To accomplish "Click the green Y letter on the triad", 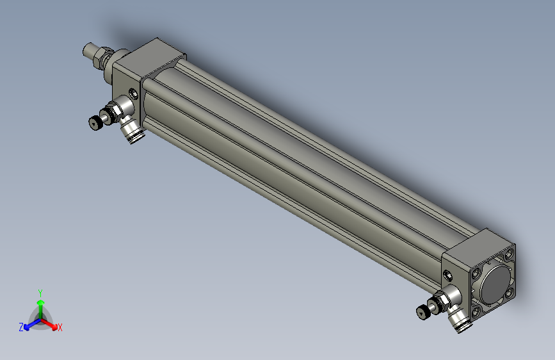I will pyautogui.click(x=40, y=292).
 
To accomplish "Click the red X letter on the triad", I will pyautogui.click(x=60, y=328).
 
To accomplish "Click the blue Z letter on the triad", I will pyautogui.click(x=21, y=327).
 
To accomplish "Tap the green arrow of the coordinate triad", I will pyautogui.click(x=40, y=304).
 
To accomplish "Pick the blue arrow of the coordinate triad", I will pyautogui.click(x=29, y=324).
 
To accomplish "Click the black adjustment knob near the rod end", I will pyautogui.click(x=96, y=122).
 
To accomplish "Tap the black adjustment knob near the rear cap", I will pyautogui.click(x=423, y=312).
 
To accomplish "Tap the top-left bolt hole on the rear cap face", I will pyautogui.click(x=476, y=273).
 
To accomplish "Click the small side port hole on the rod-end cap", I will pyautogui.click(x=133, y=93).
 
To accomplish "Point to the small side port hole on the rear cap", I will pyautogui.click(x=448, y=276).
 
